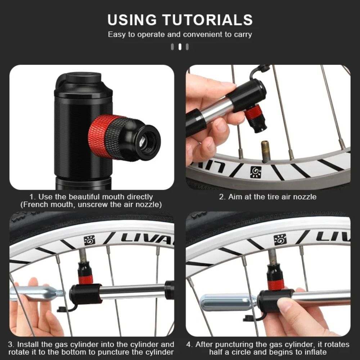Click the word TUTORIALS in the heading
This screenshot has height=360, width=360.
[x=208, y=20]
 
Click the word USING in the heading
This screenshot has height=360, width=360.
[x=132, y=20]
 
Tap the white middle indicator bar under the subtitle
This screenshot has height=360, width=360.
[x=180, y=47]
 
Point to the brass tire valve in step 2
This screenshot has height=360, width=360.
[x=265, y=152]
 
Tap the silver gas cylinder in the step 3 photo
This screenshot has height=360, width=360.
[x=37, y=294]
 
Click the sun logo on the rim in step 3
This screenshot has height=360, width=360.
[x=89, y=240]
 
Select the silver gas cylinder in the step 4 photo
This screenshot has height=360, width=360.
[x=228, y=302]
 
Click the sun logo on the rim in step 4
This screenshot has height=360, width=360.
[x=280, y=240]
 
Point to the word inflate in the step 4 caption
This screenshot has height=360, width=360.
[x=315, y=352]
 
